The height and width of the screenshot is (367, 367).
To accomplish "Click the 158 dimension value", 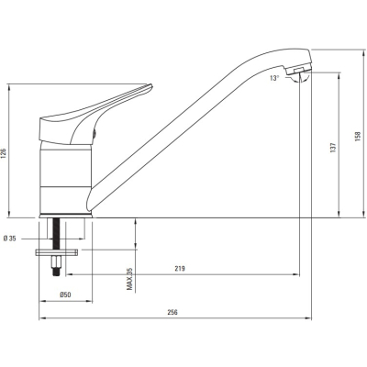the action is coord(358,137).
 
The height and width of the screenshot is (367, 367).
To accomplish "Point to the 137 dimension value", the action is coord(333,148).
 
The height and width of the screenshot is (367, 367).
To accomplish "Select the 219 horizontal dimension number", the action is coord(180,269).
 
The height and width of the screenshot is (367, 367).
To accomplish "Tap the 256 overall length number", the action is coord(172,312).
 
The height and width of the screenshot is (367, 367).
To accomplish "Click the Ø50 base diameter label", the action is coord(65,295).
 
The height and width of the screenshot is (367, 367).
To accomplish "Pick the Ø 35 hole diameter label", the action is coord(9,239).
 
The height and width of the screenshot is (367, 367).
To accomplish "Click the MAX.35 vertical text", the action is coord(130,279).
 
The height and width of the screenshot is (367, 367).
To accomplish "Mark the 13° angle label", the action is coord(274,78).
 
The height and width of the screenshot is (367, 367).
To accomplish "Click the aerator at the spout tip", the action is coord(298,70).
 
